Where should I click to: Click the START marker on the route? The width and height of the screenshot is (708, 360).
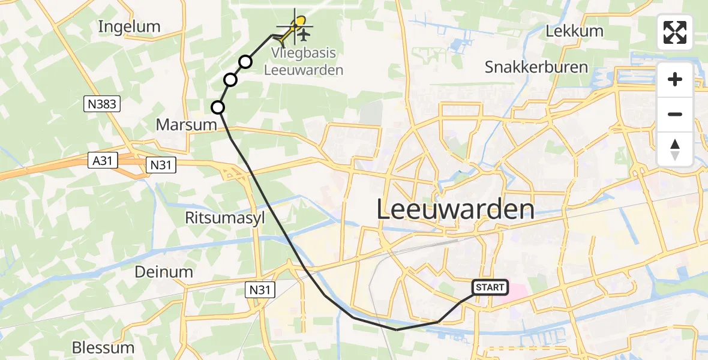[x=490, y=288]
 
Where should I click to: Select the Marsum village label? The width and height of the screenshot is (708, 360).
[x=185, y=125]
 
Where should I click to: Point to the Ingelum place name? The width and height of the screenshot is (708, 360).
[x=129, y=26]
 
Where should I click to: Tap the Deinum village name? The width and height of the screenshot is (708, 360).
[x=164, y=272]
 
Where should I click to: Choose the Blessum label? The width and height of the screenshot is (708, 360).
[x=103, y=347]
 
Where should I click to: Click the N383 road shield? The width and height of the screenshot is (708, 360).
[x=102, y=104]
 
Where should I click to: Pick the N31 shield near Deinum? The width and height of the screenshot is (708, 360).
[x=261, y=290]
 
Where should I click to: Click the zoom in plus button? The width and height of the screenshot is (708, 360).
[x=675, y=79]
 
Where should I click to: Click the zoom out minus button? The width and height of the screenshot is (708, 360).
[x=675, y=114]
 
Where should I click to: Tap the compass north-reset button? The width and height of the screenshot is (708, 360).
[x=675, y=149]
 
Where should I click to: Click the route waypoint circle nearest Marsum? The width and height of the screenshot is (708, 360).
[x=218, y=107]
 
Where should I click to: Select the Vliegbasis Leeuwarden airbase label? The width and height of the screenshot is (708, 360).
[x=304, y=62]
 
